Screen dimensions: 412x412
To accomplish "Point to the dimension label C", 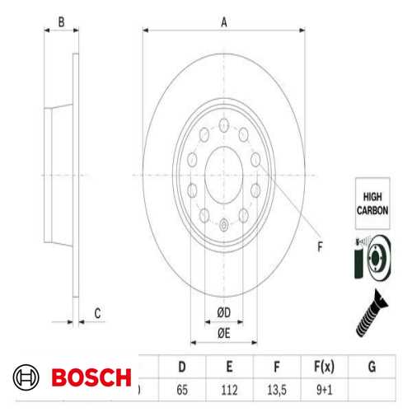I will pos(96,312).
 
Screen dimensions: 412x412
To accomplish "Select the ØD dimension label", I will pos(223,311).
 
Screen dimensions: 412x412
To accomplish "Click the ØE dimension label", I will pos(223,332).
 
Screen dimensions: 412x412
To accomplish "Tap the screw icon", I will pos(372,313).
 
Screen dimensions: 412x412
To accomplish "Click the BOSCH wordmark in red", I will pos(91,378).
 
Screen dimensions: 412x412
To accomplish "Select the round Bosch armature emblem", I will pos(28,378).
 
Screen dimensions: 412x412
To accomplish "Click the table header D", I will pos(181,365).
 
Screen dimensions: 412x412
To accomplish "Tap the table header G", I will pos(372,365).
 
